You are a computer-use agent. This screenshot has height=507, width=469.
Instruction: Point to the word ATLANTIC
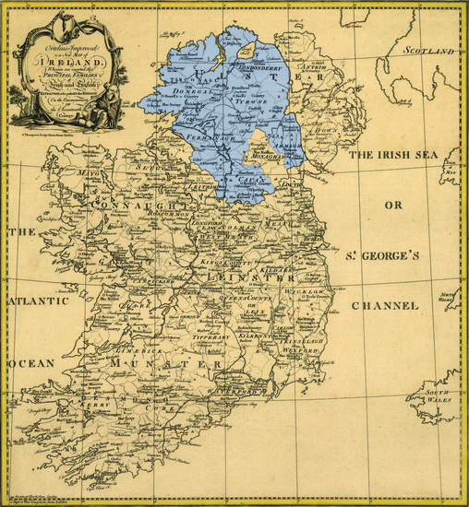point(39,301)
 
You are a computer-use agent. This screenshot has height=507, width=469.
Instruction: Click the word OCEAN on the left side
point(32,363)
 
